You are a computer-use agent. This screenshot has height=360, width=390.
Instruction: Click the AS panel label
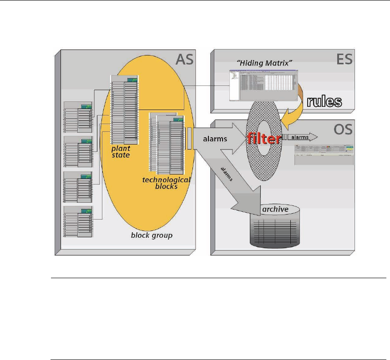[x=184, y=59]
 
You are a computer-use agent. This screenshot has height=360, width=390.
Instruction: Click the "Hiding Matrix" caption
[x=259, y=64]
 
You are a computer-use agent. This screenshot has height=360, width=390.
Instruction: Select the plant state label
[x=121, y=151]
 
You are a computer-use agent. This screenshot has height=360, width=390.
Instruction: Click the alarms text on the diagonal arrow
[x=226, y=173]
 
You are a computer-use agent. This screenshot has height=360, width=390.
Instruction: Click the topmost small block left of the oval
[x=79, y=117]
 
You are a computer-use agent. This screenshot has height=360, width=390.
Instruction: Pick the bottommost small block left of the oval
[x=79, y=221]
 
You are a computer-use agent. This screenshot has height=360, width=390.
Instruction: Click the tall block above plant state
[x=124, y=109]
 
